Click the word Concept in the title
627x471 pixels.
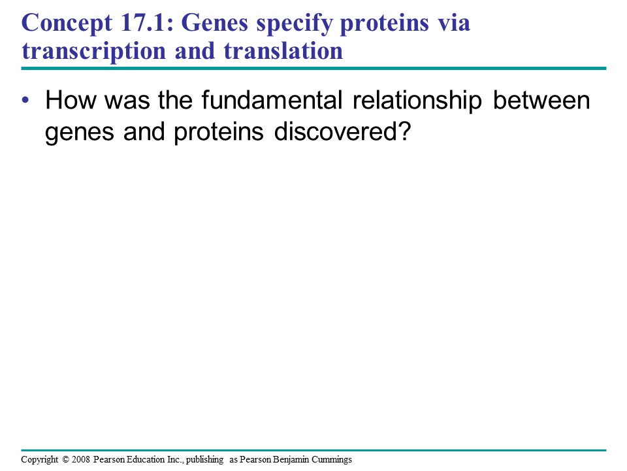[x=67, y=24]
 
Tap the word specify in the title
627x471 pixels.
[x=294, y=24]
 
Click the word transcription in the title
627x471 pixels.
[x=93, y=51]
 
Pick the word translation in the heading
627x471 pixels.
[x=283, y=50]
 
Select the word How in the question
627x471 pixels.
[x=71, y=99]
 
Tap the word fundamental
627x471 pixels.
[x=272, y=99]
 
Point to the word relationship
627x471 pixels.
[x=417, y=101]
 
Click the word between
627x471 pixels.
[x=541, y=99]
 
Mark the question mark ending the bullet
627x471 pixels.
[x=405, y=131]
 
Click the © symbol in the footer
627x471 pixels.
[x=66, y=459]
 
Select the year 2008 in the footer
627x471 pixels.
[x=81, y=459]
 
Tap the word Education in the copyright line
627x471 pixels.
[x=146, y=459]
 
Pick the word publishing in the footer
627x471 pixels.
[x=204, y=460]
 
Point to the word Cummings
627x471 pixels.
[x=332, y=460]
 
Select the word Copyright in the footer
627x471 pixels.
[x=40, y=460]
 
